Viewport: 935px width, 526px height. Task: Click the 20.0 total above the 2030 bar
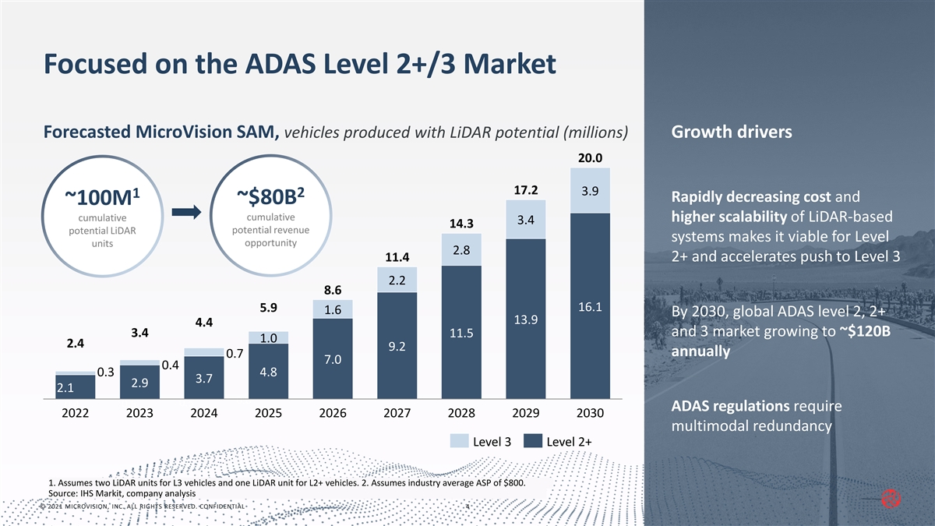click(590, 157)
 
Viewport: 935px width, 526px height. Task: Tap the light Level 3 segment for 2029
click(525, 220)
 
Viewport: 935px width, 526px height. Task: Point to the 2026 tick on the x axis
click(333, 412)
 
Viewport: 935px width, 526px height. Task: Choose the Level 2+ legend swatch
click(532, 441)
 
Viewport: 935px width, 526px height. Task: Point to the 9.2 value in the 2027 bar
click(397, 346)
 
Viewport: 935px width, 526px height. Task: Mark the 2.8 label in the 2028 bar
click(461, 249)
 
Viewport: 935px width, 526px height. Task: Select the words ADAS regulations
click(718, 406)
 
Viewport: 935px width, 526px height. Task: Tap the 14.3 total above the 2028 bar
click(461, 224)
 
